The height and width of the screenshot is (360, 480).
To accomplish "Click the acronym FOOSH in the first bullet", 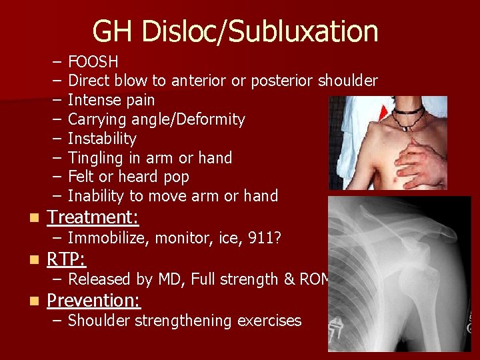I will point(93,62).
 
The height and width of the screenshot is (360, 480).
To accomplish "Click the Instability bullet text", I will point(102,139).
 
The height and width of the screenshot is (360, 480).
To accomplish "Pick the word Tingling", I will point(95,158).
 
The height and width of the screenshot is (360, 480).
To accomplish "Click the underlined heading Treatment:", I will point(93,217).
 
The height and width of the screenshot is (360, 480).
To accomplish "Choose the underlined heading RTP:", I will point(66,259).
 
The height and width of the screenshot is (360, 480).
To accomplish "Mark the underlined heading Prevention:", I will point(93,300).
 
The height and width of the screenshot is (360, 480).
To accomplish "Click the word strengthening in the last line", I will point(186,321).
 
